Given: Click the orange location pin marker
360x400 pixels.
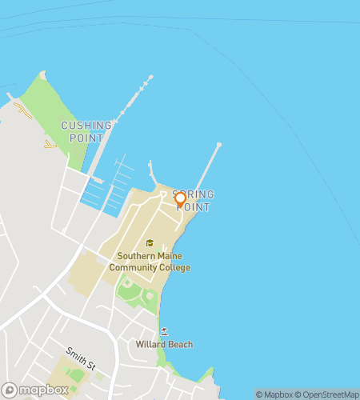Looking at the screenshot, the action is (x=180, y=199).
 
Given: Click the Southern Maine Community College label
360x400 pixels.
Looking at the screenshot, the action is (x=154, y=262).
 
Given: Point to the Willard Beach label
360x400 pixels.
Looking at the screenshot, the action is (x=164, y=345).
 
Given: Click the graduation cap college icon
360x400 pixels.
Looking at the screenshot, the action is (x=149, y=243).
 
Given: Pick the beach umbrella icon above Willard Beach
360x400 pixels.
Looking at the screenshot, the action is (x=164, y=331).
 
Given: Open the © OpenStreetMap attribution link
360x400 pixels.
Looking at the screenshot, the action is (x=329, y=394).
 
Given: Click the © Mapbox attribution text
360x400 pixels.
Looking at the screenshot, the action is (x=275, y=394).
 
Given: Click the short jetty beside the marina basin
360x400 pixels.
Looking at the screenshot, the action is (x=152, y=173).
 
